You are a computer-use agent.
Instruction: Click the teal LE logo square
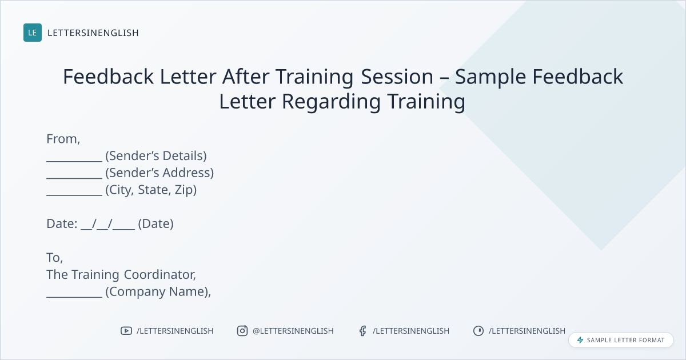tap(33, 33)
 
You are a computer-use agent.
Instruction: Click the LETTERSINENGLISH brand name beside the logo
tap(93, 33)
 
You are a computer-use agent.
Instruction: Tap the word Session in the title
tap(397, 76)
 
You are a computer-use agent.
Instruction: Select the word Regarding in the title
tap(332, 102)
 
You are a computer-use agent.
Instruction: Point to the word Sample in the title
tap(490, 77)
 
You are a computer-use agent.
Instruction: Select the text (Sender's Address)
tap(159, 173)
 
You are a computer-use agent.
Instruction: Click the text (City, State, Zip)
tap(151, 190)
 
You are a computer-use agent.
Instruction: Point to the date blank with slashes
tap(108, 224)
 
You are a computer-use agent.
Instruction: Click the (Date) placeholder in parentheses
tap(156, 224)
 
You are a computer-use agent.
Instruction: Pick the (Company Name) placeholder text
tap(157, 292)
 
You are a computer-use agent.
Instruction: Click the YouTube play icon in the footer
tap(126, 331)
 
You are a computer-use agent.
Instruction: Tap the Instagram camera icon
tap(242, 331)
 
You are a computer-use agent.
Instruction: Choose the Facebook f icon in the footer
tap(362, 331)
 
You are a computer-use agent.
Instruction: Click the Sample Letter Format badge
tap(621, 340)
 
